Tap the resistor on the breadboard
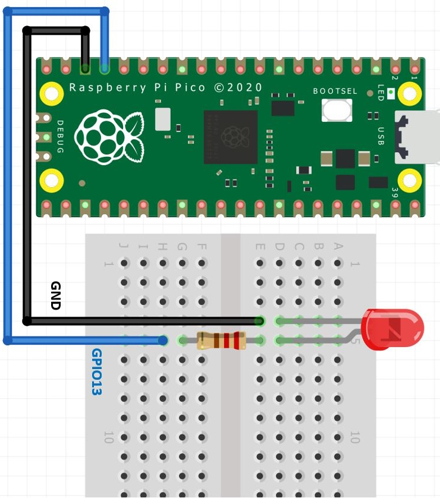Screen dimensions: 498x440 pyautogui.click(x=221, y=341)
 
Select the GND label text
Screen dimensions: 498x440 pyautogui.click(x=56, y=295)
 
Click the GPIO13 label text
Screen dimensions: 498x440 pyautogui.click(x=96, y=372)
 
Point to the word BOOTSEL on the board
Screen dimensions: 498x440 pyautogui.click(x=335, y=91)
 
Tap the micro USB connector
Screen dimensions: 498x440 pyautogui.click(x=416, y=138)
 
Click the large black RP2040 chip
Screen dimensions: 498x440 pyautogui.click(x=231, y=137)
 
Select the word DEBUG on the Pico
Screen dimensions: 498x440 pyautogui.click(x=60, y=137)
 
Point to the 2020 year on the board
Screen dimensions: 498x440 pyautogui.click(x=245, y=87)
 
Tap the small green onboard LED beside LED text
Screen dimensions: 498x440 pyautogui.click(x=391, y=93)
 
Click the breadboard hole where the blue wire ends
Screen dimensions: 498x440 pyautogui.click(x=164, y=341)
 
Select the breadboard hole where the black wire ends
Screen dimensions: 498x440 pyautogui.click(x=259, y=322)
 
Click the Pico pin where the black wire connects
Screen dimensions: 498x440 pyautogui.click(x=86, y=69)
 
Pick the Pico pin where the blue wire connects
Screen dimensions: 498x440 pyautogui.click(x=105, y=69)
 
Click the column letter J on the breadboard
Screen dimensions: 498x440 pyautogui.click(x=124, y=245)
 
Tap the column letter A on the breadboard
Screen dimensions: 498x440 pyautogui.click(x=338, y=245)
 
